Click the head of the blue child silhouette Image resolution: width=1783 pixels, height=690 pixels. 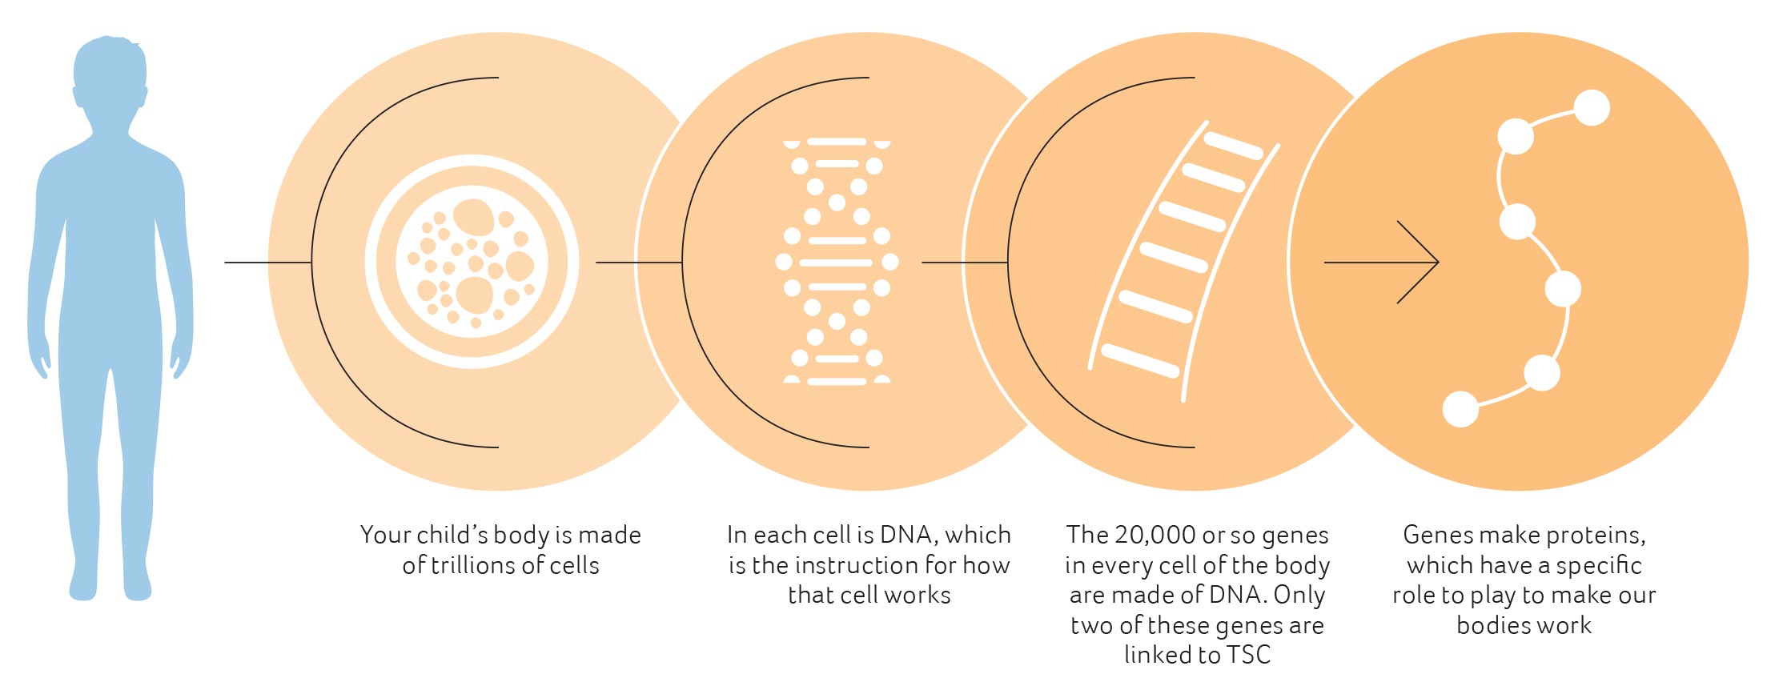pyautogui.click(x=110, y=80)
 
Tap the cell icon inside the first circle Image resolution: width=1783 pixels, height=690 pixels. pyautogui.click(x=472, y=262)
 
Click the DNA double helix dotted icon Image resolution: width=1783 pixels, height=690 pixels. pyautogui.click(x=837, y=262)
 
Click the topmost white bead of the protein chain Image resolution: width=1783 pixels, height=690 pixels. pyautogui.click(x=1592, y=108)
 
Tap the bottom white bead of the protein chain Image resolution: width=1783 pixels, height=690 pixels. pyautogui.click(x=1460, y=409)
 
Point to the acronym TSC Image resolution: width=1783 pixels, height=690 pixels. pyautogui.click(x=1249, y=655)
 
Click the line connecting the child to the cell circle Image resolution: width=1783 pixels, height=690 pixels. pyautogui.click(x=268, y=262)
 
